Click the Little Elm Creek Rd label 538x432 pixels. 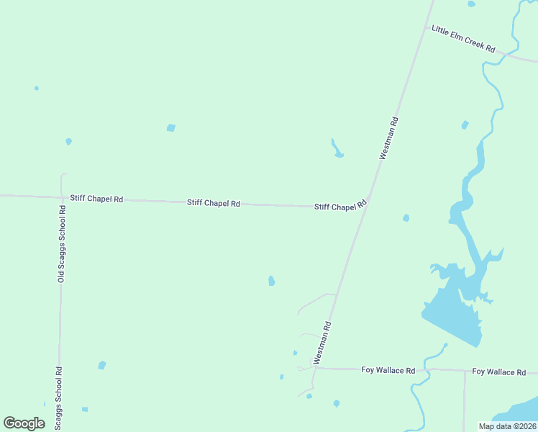click(463, 39)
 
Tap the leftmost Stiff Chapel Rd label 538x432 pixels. click(96, 199)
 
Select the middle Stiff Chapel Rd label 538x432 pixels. click(214, 203)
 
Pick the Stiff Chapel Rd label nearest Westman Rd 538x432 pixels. click(340, 206)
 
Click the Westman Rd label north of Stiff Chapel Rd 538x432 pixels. click(388, 138)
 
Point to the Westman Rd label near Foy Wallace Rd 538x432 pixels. click(322, 342)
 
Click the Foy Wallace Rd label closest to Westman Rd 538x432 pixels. click(388, 370)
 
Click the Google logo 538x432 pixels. click(24, 423)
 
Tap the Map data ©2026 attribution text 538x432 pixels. click(507, 426)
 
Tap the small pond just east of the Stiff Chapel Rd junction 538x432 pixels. click(406, 217)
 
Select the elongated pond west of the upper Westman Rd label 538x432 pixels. click(337, 149)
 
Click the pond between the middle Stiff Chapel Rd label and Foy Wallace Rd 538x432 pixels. click(271, 281)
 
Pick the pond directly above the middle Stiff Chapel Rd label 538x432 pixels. click(171, 128)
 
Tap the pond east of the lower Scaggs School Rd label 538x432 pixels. click(101, 366)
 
